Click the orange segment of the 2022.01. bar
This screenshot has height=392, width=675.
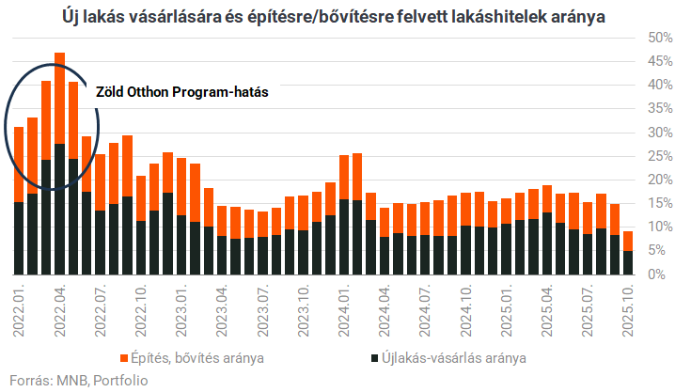coord(19,165)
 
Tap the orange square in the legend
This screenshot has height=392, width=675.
coord(123,358)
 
